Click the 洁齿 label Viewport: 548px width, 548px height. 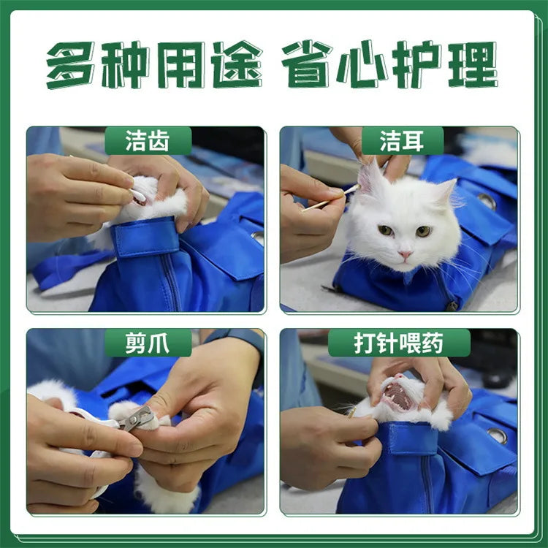(x=148, y=140)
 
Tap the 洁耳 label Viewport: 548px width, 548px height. (x=401, y=140)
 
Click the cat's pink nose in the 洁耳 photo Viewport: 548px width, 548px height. (x=404, y=254)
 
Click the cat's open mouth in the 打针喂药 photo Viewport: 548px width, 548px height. (x=400, y=397)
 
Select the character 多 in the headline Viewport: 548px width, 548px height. (x=71, y=64)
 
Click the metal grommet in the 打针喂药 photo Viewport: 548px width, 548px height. (x=497, y=435)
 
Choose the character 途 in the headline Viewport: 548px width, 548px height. (x=237, y=64)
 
